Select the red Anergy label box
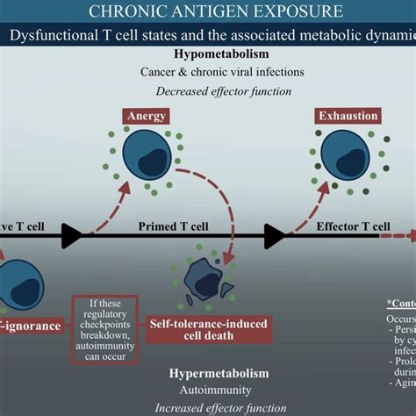click(x=146, y=116)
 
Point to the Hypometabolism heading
click(x=207, y=55)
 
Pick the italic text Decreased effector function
click(x=207, y=90)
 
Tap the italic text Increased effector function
click(x=220, y=407)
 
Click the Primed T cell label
click(x=170, y=226)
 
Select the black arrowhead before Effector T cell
click(x=274, y=235)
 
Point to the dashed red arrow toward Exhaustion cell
click(x=309, y=200)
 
